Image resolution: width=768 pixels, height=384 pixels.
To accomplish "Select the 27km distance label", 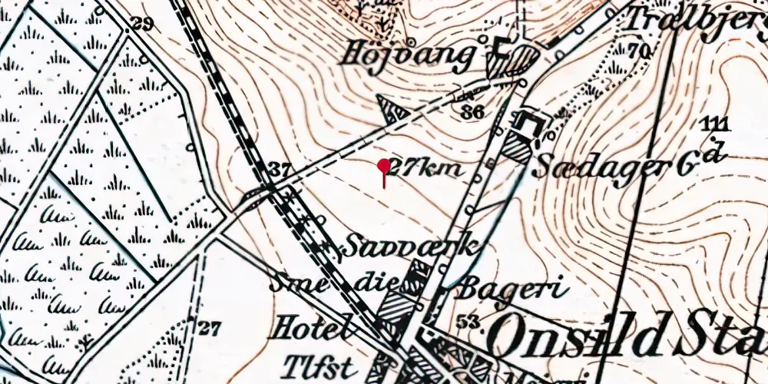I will (x=427, y=168).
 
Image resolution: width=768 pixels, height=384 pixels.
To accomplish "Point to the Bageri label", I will (x=512, y=289).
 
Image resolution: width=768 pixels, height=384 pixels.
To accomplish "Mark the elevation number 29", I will (x=142, y=23).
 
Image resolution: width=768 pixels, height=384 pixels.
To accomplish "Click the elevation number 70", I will (x=638, y=51).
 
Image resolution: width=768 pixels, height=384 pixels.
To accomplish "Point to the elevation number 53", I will (x=466, y=320).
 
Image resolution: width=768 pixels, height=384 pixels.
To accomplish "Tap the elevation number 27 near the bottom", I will (x=208, y=329).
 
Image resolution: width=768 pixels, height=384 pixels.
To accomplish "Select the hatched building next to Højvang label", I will (x=524, y=60).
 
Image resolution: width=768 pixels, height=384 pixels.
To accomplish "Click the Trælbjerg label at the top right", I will (x=695, y=21).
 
